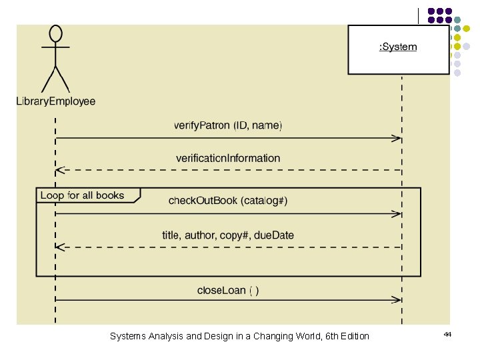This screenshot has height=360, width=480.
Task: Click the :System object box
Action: click(398, 48)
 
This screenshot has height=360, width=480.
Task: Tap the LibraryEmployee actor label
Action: click(56, 102)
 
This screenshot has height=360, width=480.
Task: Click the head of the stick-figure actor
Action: click(56, 33)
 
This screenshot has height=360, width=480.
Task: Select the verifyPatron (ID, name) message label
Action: click(228, 125)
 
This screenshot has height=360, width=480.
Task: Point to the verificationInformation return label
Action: click(228, 158)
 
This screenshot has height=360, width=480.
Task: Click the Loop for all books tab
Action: click(83, 195)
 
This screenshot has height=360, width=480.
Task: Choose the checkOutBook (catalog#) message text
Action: click(228, 201)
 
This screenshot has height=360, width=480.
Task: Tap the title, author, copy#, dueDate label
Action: click(228, 235)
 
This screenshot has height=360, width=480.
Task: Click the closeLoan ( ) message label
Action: click(228, 290)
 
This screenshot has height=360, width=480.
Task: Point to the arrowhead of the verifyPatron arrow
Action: click(397, 139)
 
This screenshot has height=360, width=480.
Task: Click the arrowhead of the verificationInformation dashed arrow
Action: click(59, 170)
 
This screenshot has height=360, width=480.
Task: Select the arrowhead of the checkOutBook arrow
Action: click(397, 214)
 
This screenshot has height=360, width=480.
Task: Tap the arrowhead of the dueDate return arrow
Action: click(59, 247)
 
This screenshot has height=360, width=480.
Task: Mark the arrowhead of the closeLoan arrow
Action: click(397, 300)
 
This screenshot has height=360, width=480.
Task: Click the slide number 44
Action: click(447, 334)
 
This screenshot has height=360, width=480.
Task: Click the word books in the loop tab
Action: click(111, 195)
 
